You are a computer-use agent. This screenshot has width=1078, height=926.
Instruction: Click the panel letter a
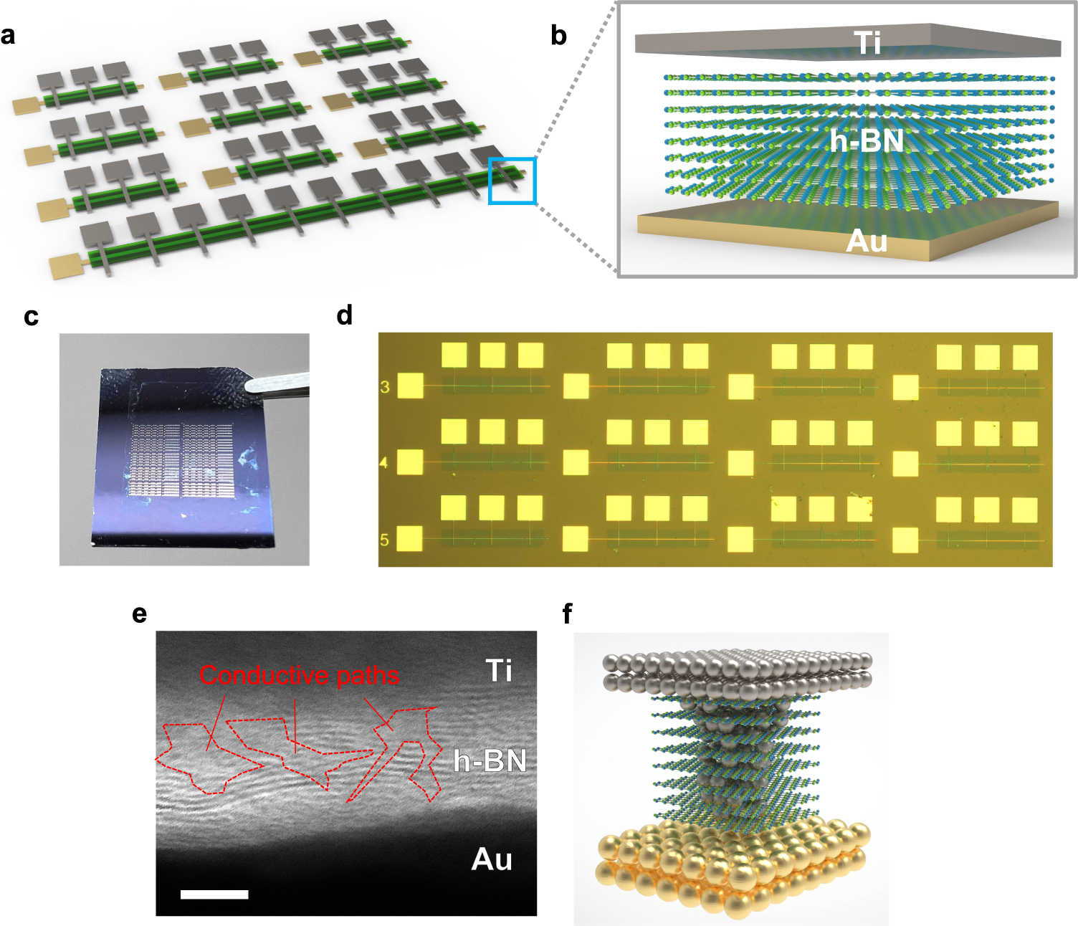(x=8, y=35)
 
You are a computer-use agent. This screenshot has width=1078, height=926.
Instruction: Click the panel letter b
(x=558, y=35)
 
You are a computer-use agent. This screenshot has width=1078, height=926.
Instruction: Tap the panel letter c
(x=31, y=317)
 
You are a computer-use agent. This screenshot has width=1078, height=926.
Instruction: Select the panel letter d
(x=345, y=315)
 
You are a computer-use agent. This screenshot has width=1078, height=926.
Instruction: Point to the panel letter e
(x=140, y=614)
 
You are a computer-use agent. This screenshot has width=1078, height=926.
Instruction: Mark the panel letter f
(x=568, y=614)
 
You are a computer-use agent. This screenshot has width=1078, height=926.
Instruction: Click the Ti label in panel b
(x=867, y=43)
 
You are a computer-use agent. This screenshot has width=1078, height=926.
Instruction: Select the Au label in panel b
(x=867, y=242)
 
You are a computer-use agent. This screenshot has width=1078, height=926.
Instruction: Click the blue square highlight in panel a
(x=512, y=181)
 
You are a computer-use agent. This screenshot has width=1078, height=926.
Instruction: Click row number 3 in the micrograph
(x=385, y=387)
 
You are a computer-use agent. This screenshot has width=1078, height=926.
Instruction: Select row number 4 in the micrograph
(x=384, y=463)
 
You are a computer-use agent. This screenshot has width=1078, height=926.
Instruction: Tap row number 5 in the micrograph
(x=384, y=539)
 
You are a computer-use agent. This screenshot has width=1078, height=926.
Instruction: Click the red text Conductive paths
(x=299, y=675)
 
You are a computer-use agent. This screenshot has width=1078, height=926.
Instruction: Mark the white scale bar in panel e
(x=214, y=894)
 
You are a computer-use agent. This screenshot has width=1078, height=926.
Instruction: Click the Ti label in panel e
(x=499, y=671)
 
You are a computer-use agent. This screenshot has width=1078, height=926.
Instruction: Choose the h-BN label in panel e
(x=490, y=760)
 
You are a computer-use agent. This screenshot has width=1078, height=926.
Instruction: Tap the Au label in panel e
(x=492, y=859)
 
